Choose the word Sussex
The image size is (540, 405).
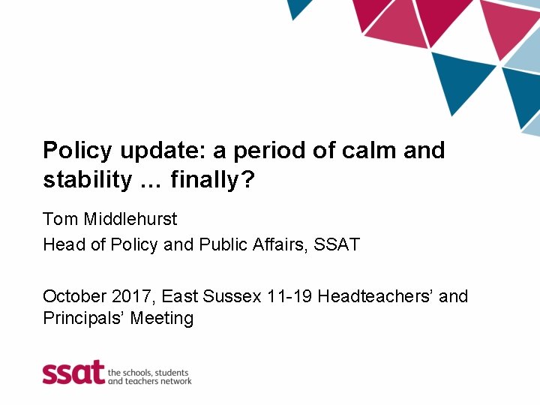(x=233, y=296)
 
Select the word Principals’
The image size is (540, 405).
(x=83, y=318)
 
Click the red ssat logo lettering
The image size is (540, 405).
(x=73, y=372)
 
